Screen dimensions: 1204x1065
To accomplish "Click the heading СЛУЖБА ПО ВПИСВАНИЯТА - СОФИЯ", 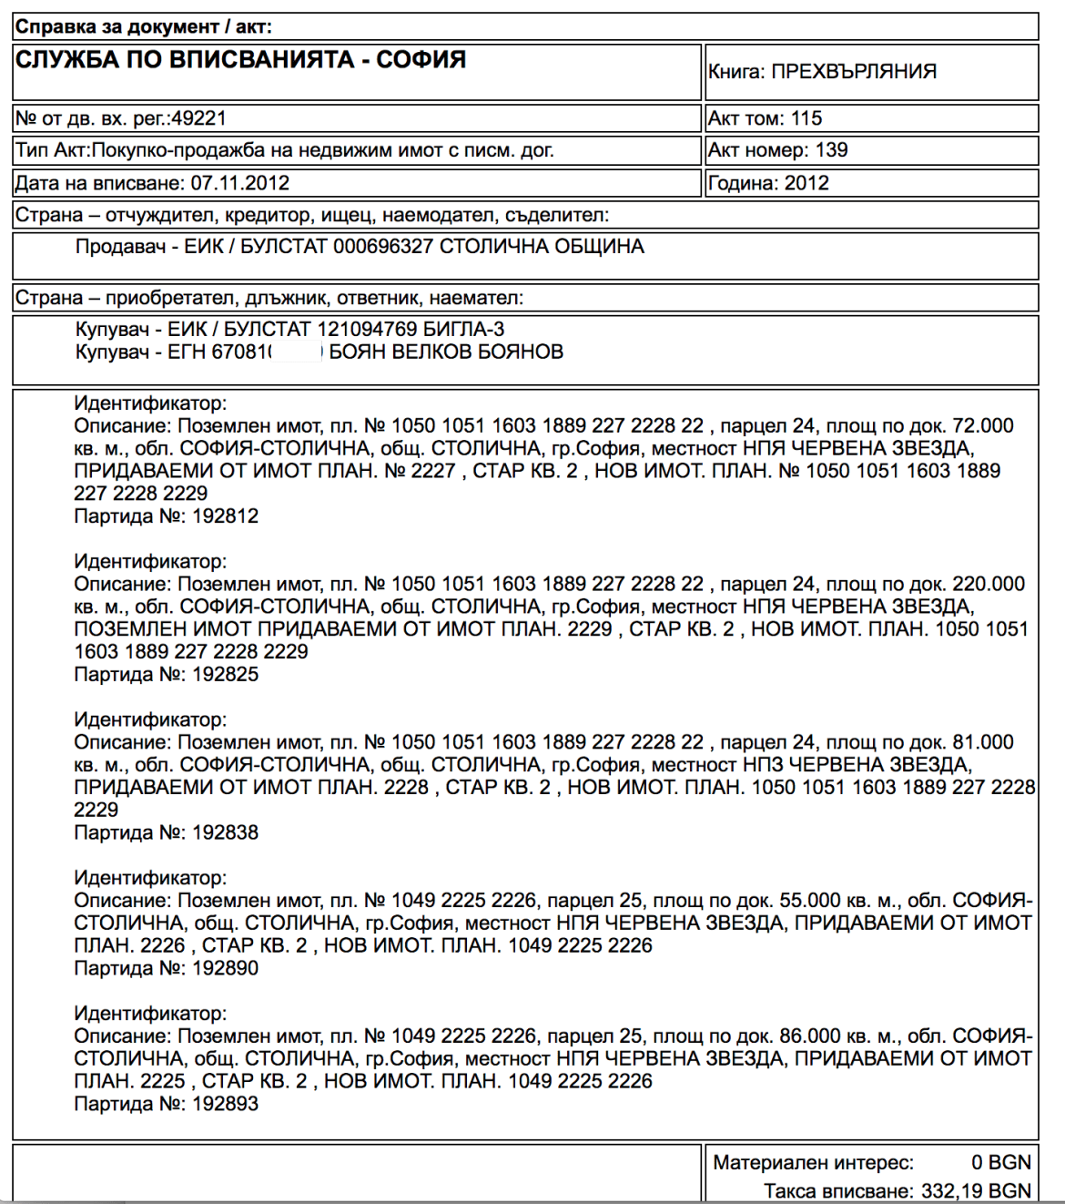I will pos(240,60).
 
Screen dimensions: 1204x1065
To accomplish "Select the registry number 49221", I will pos(199,118).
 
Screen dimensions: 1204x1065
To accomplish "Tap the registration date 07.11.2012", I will pos(239,183).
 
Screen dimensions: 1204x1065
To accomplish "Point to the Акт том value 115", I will pos(806,118).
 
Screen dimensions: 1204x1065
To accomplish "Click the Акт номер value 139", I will pos(831,150).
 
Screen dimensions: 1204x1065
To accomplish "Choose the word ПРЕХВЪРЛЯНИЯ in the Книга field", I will pos(854,72).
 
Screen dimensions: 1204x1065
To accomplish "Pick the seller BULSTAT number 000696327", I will pos(382,247).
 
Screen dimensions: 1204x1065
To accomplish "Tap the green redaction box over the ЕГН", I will pos(297,352).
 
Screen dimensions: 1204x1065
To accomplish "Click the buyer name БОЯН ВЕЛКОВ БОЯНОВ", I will pos(446,352).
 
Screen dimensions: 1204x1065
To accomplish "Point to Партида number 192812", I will pos(225,516).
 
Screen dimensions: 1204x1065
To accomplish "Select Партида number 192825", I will pos(225,675).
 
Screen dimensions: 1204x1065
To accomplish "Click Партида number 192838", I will pos(225,832).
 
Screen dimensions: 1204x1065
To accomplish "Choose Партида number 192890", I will pos(225,968).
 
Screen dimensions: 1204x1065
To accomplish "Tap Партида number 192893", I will pos(225,1104).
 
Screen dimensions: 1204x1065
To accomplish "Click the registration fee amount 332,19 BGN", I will pos(976,1191).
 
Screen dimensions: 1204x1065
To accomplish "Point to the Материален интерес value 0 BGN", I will pos(1000,1163).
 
